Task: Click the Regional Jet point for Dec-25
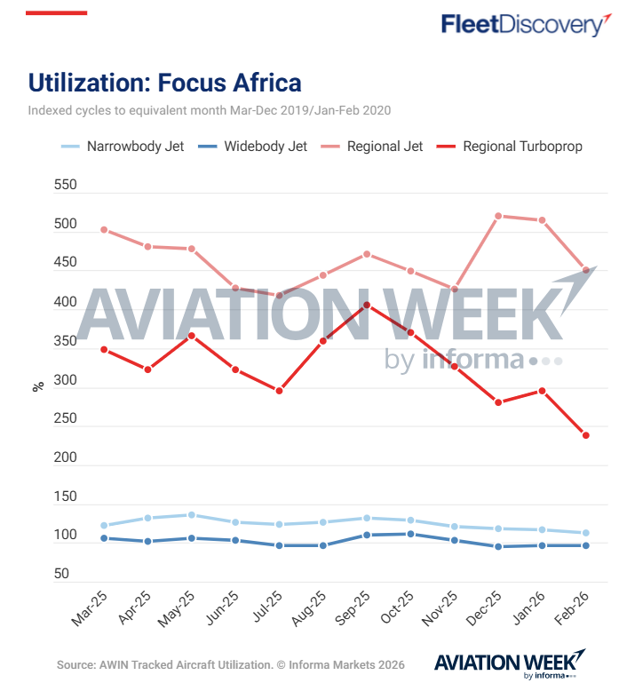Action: (x=498, y=216)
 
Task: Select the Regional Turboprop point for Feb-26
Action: (x=586, y=435)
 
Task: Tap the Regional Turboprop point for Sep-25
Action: (x=367, y=306)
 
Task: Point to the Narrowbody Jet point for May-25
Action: (x=191, y=515)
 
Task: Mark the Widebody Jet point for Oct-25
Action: (x=410, y=534)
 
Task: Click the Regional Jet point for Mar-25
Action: (x=104, y=229)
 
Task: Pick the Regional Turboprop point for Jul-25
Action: (x=279, y=391)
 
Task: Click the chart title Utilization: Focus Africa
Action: (x=165, y=83)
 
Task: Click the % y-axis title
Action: (x=38, y=386)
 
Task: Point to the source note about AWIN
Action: (x=230, y=664)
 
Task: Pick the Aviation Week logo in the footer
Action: (x=509, y=664)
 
